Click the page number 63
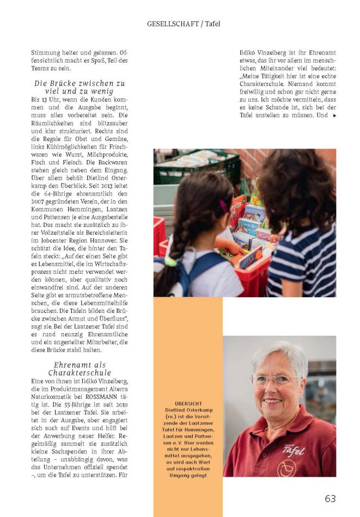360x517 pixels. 330,498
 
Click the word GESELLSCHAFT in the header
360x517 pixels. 170,24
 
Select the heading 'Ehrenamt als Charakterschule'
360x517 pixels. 80,368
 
